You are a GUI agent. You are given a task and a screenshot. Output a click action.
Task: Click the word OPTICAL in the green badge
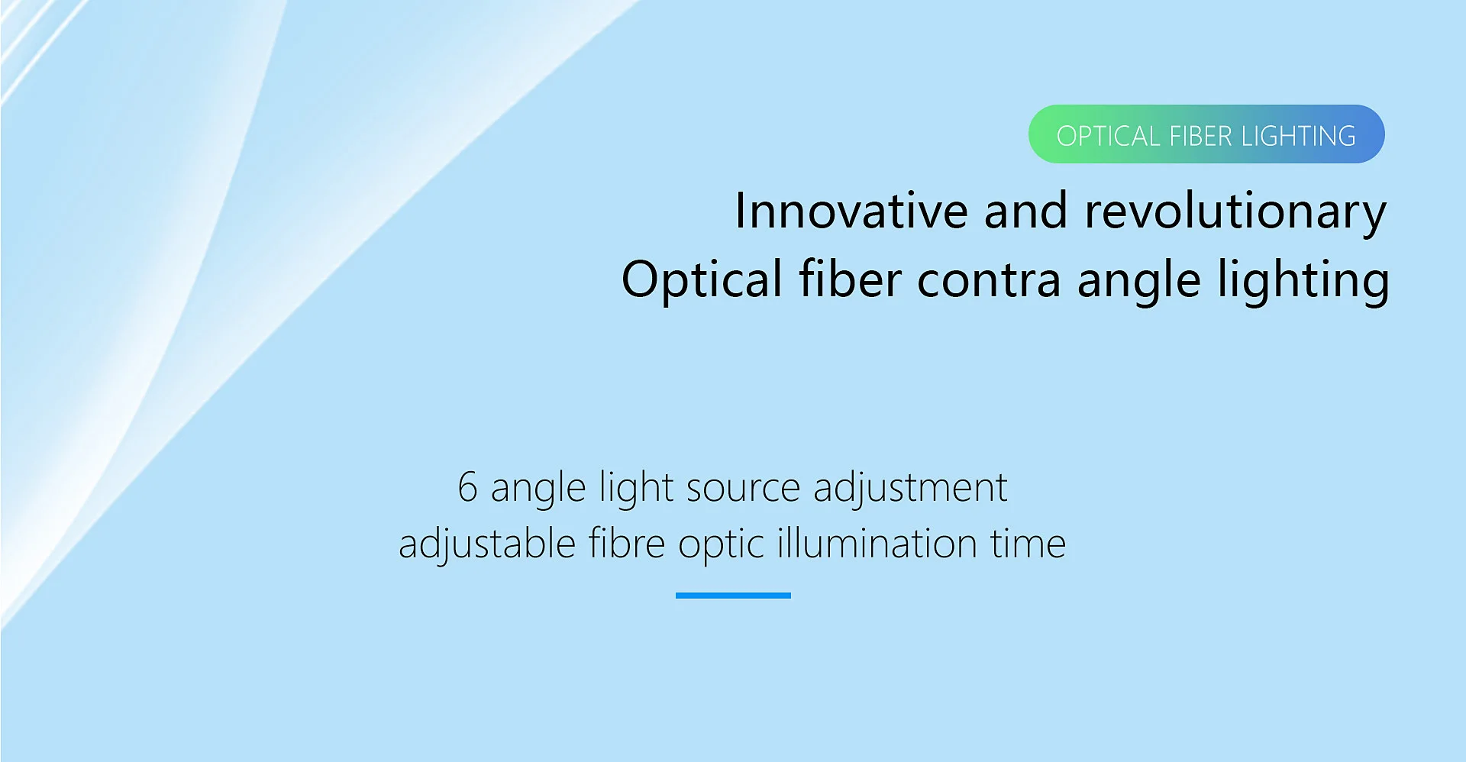[1108, 136]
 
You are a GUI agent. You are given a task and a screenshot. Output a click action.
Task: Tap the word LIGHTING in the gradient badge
[1299, 136]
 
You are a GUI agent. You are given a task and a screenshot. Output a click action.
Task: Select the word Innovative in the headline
[851, 211]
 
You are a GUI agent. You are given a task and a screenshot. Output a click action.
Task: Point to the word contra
[989, 280]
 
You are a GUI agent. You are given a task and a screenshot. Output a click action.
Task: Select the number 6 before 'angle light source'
[467, 487]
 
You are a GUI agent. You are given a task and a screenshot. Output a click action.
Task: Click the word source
[743, 489]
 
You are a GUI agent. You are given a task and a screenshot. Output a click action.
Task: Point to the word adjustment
[910, 489]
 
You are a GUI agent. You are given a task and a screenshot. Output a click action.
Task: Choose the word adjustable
[487, 545]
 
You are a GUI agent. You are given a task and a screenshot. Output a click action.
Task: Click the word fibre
[627, 544]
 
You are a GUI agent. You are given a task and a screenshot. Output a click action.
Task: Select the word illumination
[877, 544]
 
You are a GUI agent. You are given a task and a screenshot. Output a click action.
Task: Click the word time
[1028, 544]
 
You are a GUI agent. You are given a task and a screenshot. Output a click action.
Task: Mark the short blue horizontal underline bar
[733, 596]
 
